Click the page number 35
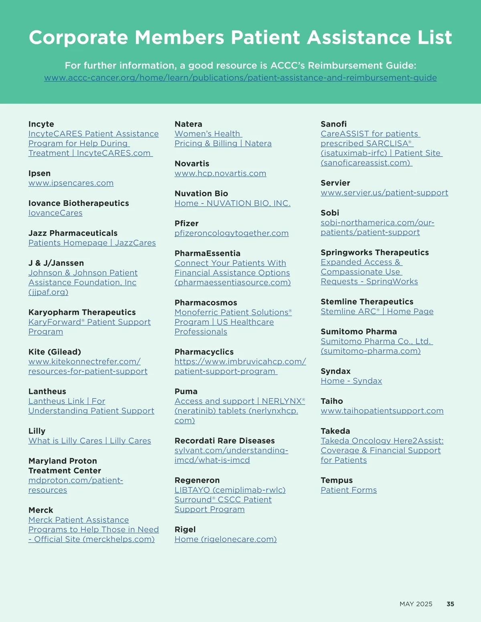[x=450, y=604]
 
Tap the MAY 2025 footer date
[x=416, y=604]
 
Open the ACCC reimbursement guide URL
[x=240, y=78]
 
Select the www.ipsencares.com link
[x=71, y=183]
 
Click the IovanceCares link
[x=55, y=213]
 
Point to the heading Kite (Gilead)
[x=55, y=352]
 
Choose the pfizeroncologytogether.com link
[x=231, y=233]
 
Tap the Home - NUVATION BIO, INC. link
[x=232, y=203]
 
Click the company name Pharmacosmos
[x=206, y=303]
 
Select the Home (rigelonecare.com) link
[x=226, y=539]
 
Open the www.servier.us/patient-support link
[x=384, y=193]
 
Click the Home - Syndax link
[x=351, y=381]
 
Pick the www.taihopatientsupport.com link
[x=382, y=411]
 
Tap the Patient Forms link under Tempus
[x=349, y=490]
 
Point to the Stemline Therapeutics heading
[x=367, y=302]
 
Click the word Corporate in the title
[x=79, y=38]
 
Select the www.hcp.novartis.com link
[x=220, y=173]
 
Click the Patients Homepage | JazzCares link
[x=92, y=243]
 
